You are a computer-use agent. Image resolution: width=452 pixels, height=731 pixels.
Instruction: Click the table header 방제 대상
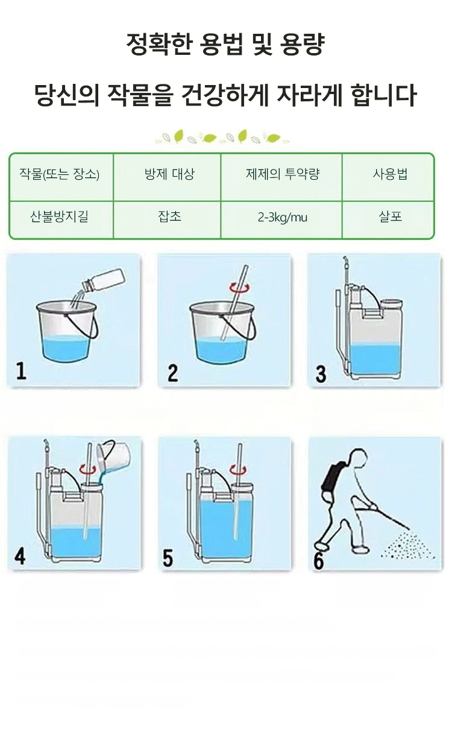pyautogui.click(x=169, y=174)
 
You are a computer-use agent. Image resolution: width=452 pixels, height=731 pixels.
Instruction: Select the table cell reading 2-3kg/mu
pyautogui.click(x=283, y=217)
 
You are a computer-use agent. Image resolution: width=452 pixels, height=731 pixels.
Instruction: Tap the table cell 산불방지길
pyautogui.click(x=59, y=217)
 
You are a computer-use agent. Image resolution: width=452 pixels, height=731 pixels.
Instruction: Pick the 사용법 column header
pyautogui.click(x=390, y=174)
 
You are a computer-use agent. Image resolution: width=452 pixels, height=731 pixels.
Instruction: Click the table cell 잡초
pyautogui.click(x=169, y=217)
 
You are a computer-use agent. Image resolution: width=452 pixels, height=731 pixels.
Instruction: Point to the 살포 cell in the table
pyautogui.click(x=390, y=217)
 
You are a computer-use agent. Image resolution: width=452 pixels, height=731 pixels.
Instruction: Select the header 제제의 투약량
pyautogui.click(x=283, y=174)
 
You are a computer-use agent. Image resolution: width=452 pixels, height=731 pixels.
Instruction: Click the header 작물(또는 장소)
pyautogui.click(x=59, y=174)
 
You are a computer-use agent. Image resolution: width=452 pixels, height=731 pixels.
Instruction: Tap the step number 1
pyautogui.click(x=21, y=371)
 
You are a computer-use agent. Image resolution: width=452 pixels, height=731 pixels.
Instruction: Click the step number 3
pyautogui.click(x=321, y=374)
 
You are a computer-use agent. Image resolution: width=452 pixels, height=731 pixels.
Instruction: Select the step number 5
pyautogui.click(x=168, y=558)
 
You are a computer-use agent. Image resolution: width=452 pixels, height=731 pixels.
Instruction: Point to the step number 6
pyautogui.click(x=318, y=561)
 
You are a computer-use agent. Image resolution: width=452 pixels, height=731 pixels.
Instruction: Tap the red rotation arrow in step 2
pyautogui.click(x=240, y=288)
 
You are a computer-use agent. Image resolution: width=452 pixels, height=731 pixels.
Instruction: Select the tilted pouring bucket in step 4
pyautogui.click(x=113, y=455)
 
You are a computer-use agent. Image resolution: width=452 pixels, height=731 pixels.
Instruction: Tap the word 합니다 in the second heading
pyautogui.click(x=383, y=95)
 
